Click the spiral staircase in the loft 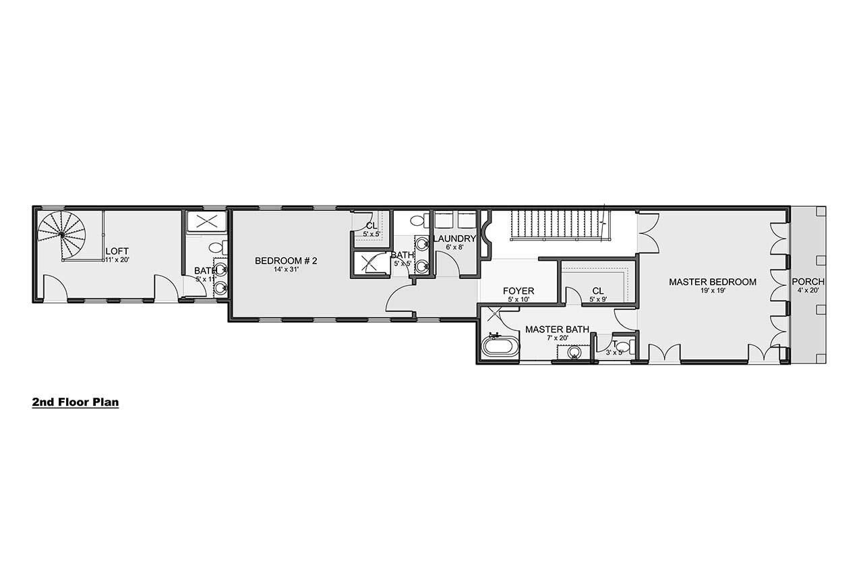pyautogui.click(x=62, y=235)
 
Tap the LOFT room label pyautogui.click(x=117, y=251)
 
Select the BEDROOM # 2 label pyautogui.click(x=287, y=261)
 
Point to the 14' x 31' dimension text pyautogui.click(x=287, y=270)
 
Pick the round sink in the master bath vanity pyautogui.click(x=574, y=352)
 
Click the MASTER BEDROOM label pyautogui.click(x=712, y=282)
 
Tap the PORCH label pyautogui.click(x=808, y=282)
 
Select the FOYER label pyautogui.click(x=518, y=291)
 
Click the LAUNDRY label pyautogui.click(x=455, y=239)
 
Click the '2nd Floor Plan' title pyautogui.click(x=76, y=402)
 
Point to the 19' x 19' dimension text pyautogui.click(x=712, y=291)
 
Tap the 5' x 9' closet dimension pyautogui.click(x=597, y=299)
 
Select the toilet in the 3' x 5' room pyautogui.click(x=622, y=347)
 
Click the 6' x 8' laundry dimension pyautogui.click(x=455, y=247)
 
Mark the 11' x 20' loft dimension pyautogui.click(x=117, y=260)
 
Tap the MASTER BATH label pyautogui.click(x=557, y=330)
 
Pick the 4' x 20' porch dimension pyautogui.click(x=808, y=291)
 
